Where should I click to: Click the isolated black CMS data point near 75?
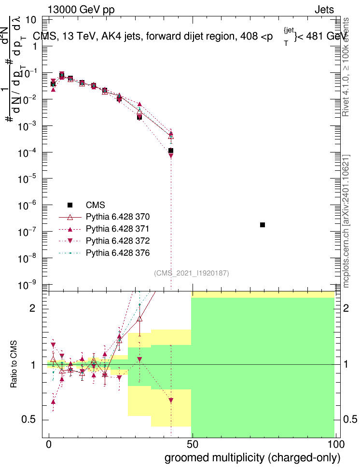pyautogui.click(x=263, y=225)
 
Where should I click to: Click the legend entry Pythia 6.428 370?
pyautogui.click(x=114, y=217)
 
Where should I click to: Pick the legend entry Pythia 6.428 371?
pyautogui.click(x=114, y=229)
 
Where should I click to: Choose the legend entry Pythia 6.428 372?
pyautogui.click(x=114, y=241)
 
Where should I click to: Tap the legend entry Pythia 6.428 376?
pyautogui.click(x=114, y=253)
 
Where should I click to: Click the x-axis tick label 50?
pyautogui.click(x=192, y=443)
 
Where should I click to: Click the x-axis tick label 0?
pyautogui.click(x=48, y=443)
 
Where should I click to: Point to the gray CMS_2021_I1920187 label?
pyautogui.click(x=192, y=274)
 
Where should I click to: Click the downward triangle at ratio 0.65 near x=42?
pyautogui.click(x=171, y=400)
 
